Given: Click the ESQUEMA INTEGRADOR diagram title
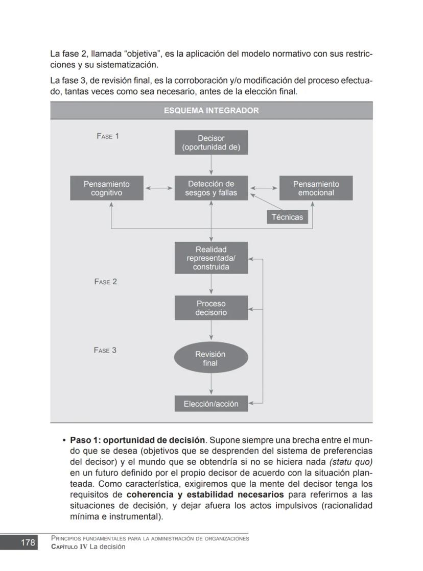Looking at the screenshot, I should point(211,111).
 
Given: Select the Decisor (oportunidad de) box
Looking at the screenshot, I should point(211,142).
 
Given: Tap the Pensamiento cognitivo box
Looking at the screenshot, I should point(107,188).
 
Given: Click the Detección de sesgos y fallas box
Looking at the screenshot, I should point(211,188).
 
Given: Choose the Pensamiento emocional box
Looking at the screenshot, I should point(316,188).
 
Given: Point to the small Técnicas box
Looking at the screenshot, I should point(287,217).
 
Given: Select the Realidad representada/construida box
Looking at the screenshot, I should point(211,258).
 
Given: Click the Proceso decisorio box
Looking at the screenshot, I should point(211,308).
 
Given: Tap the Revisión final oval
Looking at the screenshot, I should point(211,358).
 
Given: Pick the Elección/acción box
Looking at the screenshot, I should point(211,404).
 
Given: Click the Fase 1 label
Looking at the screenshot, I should point(108,136).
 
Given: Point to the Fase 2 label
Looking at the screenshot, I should point(106,282).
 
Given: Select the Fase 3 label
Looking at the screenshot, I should point(105,351).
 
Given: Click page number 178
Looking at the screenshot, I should point(28,542).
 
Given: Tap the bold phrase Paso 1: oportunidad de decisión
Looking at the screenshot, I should point(137,440).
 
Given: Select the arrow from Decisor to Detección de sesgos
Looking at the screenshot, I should point(211,165).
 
